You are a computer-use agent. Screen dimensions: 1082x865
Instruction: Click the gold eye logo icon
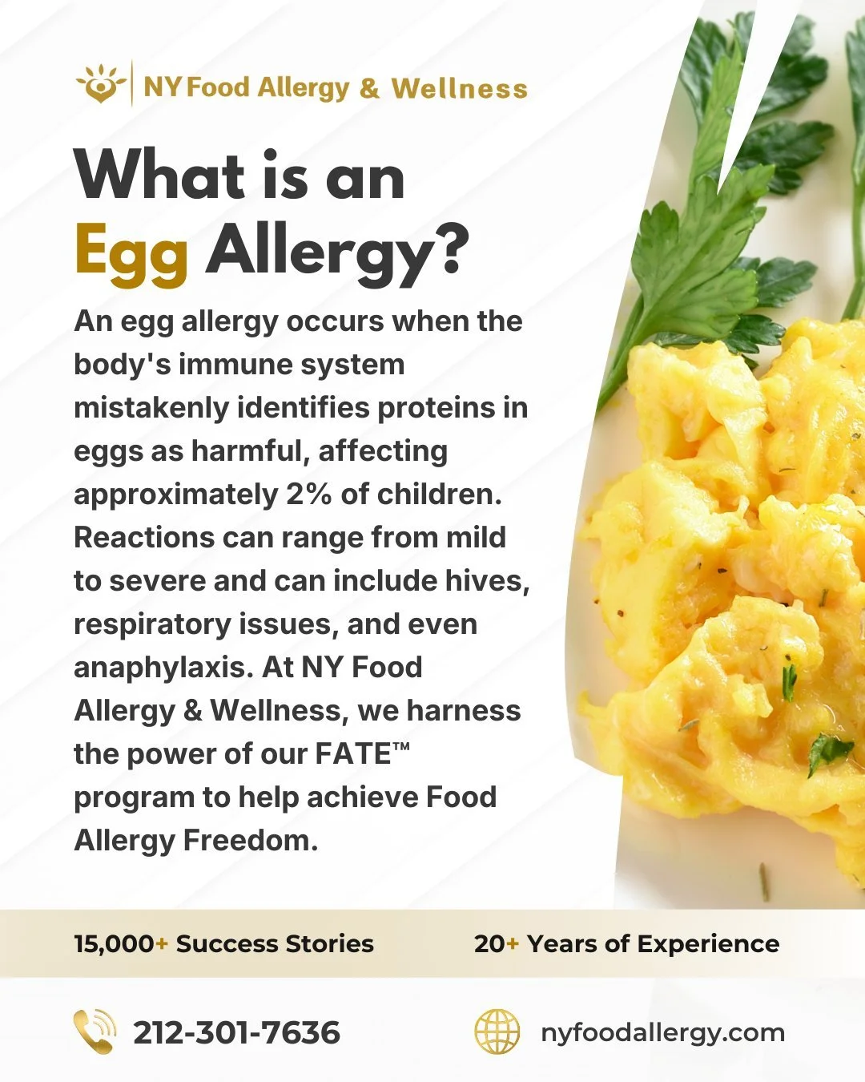(101, 83)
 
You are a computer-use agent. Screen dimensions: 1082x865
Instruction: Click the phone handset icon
(95, 1032)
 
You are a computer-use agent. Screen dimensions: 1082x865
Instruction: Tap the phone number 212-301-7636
(236, 1032)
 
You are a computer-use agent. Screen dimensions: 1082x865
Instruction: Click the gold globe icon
(497, 1032)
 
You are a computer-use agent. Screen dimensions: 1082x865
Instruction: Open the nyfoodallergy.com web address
(662, 1032)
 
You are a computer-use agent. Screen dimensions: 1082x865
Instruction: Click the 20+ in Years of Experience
(496, 943)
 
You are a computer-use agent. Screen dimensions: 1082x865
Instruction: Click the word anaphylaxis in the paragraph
(159, 667)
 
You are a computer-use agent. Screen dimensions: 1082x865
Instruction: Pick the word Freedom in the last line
(251, 840)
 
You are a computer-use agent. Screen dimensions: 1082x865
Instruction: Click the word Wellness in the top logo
(459, 87)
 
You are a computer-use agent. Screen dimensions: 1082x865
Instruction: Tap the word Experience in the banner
(708, 943)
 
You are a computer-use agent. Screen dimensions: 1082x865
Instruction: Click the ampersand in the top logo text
(369, 87)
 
